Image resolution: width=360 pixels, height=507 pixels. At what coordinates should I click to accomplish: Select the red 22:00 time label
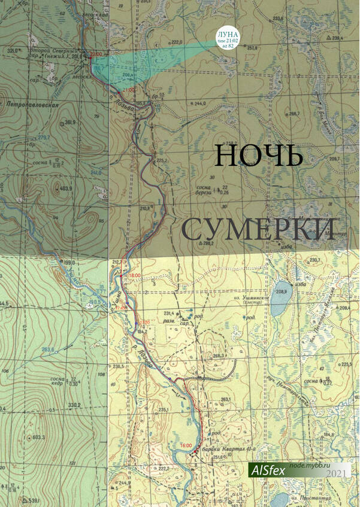[x=95, y=54]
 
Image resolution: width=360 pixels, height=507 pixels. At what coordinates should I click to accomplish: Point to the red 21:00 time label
[x=128, y=90]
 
